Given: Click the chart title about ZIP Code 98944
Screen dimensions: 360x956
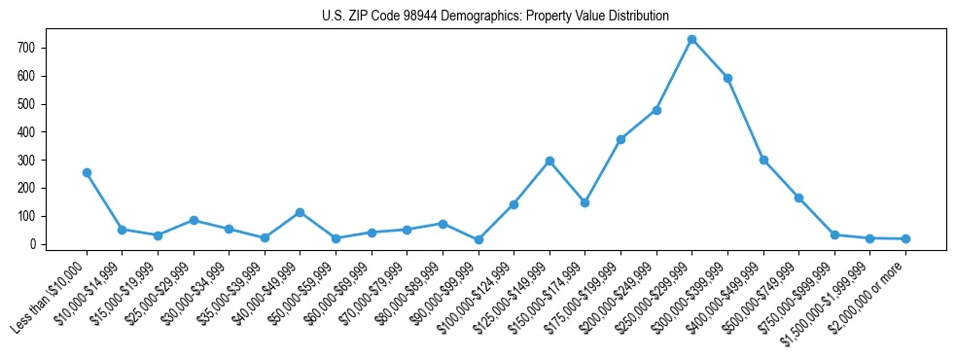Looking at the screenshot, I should point(495,17).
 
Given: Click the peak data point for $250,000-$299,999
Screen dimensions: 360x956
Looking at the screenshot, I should point(691,40).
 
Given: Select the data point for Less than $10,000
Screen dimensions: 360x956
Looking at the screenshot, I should point(87,172).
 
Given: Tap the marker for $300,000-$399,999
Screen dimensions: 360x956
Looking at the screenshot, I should point(727,78).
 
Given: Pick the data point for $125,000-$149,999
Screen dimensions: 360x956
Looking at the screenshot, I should point(549,161).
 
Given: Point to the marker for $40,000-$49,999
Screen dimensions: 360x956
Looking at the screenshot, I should point(301,212).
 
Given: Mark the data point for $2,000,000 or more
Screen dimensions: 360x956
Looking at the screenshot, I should point(905,238).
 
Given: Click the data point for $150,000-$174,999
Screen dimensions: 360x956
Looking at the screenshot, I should point(584,202).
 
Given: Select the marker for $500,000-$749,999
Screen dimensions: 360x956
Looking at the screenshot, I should point(798,198).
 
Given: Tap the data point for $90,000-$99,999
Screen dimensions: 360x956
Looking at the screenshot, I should point(478,239).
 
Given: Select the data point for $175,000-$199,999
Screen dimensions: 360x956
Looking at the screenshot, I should point(620,139).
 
